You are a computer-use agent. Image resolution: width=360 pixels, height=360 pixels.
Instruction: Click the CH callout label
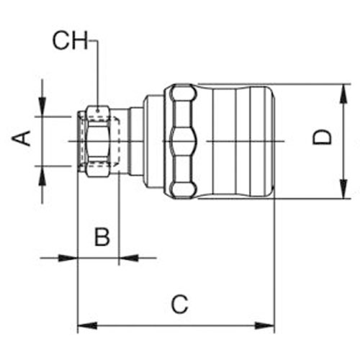71,41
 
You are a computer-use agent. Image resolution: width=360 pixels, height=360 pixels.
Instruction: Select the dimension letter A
22,138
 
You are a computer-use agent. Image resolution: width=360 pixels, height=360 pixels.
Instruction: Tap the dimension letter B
102,237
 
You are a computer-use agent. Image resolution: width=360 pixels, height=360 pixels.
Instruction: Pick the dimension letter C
180,304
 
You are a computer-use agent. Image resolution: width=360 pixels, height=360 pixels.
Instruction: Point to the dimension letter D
323,138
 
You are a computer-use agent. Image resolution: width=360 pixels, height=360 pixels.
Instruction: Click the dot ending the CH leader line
98,111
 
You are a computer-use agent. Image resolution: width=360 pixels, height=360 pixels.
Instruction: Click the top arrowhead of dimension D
343,94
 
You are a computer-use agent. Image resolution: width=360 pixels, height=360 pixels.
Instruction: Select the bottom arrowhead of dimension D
343,189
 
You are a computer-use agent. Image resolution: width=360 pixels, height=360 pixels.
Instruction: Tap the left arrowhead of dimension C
87,326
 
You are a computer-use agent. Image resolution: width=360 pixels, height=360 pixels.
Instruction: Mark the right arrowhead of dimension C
265,326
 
